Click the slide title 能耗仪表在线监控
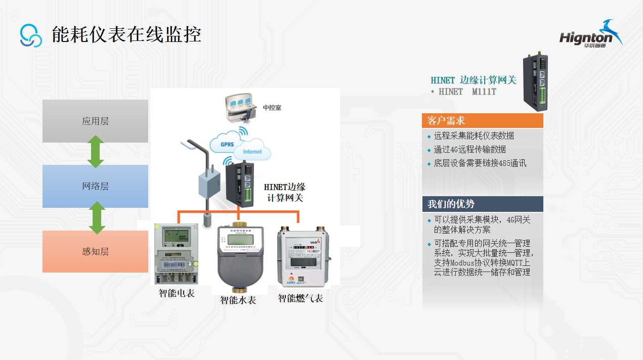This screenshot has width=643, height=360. click(x=126, y=34)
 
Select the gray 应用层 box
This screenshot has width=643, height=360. click(x=95, y=121)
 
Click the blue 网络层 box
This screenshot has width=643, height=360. click(x=95, y=186)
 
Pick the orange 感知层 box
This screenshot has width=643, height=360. click(x=95, y=251)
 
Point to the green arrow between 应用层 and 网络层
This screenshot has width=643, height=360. click(x=96, y=152)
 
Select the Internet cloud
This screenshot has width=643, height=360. click(x=252, y=151)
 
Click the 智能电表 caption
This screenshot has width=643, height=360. click(x=177, y=293)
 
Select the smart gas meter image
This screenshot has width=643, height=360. click(x=303, y=258)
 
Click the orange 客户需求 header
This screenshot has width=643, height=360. click(x=482, y=121)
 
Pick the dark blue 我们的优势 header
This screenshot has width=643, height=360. click(x=482, y=204)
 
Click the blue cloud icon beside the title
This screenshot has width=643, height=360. click(x=31, y=35)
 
